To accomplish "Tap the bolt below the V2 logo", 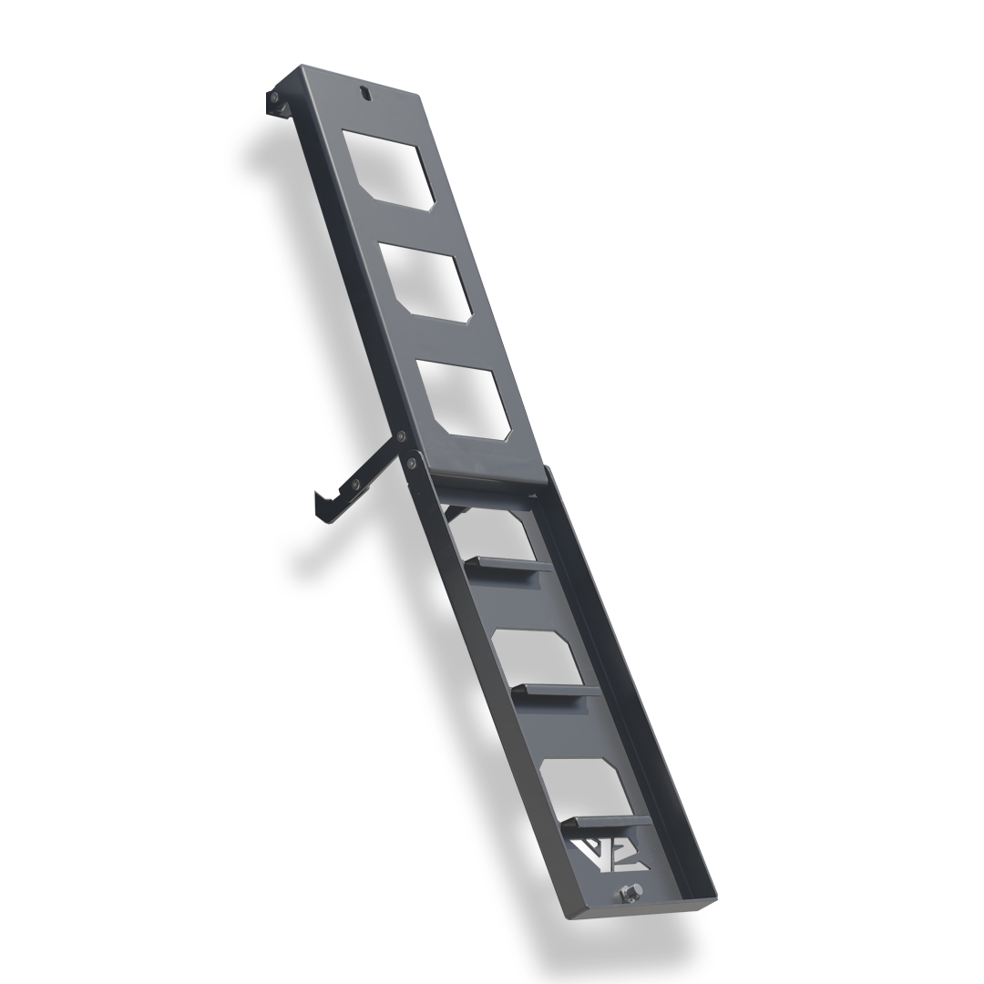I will (x=629, y=892).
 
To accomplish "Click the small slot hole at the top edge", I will (x=365, y=92).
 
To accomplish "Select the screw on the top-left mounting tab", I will (x=273, y=97).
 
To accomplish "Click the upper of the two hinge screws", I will (x=399, y=436).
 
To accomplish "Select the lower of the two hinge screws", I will (x=412, y=464).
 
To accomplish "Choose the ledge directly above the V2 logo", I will (x=601, y=821).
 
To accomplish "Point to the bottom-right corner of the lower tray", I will (x=713, y=897).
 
